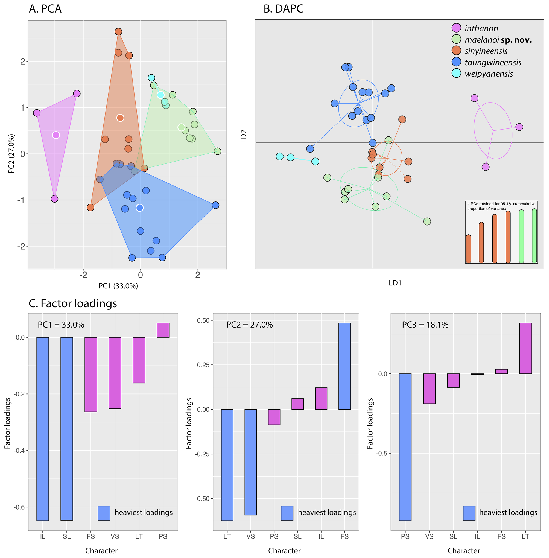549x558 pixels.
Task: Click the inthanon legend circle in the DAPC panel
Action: [456, 28]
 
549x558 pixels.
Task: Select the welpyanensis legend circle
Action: [456, 73]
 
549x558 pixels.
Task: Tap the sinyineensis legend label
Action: [486, 51]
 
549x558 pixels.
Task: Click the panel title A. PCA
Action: [45, 9]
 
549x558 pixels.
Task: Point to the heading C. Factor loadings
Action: [73, 303]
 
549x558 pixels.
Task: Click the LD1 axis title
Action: [395, 283]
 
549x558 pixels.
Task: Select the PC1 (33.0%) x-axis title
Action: [118, 286]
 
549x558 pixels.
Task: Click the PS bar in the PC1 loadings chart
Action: [163, 330]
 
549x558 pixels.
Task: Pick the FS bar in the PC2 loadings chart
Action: [344, 366]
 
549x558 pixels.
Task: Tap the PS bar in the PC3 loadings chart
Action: [405, 447]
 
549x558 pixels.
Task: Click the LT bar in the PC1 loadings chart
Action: [139, 360]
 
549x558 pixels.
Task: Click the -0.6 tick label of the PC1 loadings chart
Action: [19, 507]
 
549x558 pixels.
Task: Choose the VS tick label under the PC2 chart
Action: [250, 536]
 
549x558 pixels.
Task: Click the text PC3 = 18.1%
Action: [425, 325]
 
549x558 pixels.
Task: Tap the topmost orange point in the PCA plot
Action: [118, 31]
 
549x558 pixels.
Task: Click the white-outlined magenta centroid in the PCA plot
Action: [56, 135]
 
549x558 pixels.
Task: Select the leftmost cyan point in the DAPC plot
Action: [279, 156]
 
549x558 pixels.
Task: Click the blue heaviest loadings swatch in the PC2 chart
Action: [287, 513]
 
